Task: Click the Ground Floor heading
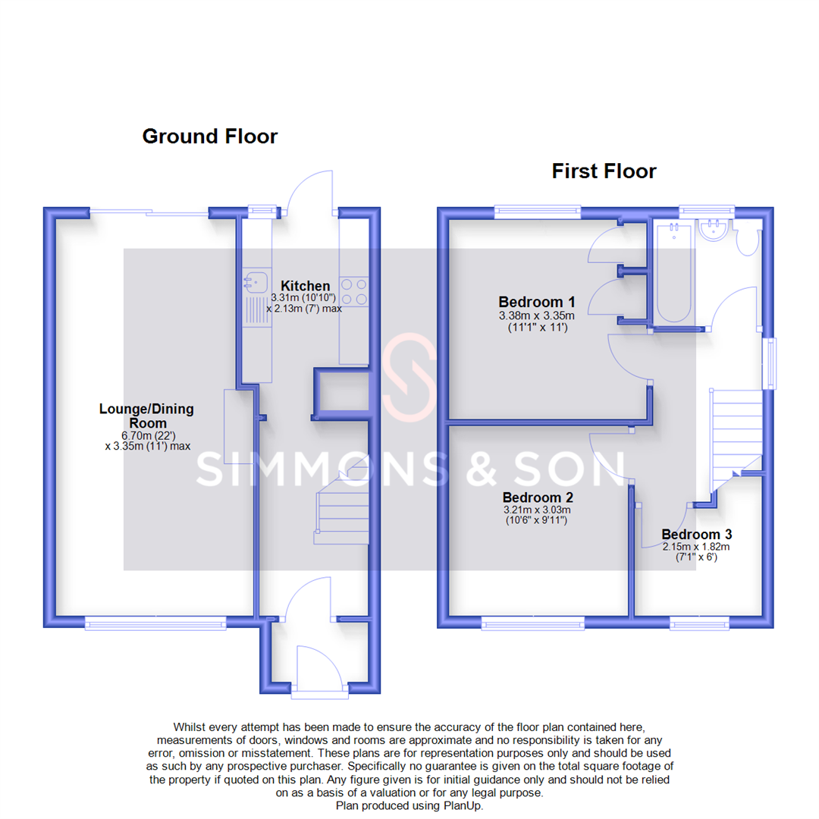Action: click(x=210, y=136)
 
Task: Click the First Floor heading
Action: click(x=604, y=171)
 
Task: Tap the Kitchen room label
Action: click(x=306, y=286)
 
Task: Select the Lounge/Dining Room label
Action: click(x=146, y=416)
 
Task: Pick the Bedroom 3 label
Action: click(x=695, y=534)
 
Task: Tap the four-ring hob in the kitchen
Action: click(x=354, y=291)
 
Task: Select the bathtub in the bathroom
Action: click(x=673, y=275)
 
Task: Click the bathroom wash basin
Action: click(x=714, y=229)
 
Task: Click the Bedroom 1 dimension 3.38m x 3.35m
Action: click(x=536, y=316)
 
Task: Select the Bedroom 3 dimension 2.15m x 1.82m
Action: click(x=695, y=547)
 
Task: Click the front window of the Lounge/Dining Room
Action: click(x=155, y=623)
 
